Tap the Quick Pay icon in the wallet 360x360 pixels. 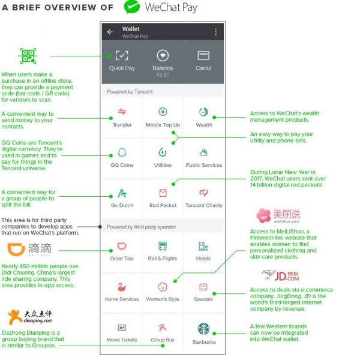pos(122,55)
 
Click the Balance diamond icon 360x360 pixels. pos(163,55)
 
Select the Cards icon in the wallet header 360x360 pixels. pos(203,55)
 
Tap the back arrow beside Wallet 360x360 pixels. pos(110,32)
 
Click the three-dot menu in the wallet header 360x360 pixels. pos(216,32)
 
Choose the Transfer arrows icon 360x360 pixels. pos(122,112)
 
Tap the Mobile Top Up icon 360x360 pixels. pos(163,112)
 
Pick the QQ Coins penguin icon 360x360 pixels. pos(122,152)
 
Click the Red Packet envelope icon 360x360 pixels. pos(163,193)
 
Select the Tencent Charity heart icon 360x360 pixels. pos(203,193)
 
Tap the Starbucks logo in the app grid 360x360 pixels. pos(203,329)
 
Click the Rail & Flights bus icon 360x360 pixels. pos(163,246)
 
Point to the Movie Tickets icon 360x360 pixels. pos(122,328)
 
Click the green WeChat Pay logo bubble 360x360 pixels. pos(132,7)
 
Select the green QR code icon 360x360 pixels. pos(28,56)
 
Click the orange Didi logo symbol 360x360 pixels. pos(16,250)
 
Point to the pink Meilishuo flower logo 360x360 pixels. pos(263,215)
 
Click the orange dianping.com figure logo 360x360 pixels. pos(14,317)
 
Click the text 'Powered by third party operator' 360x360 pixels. pos(142,227)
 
